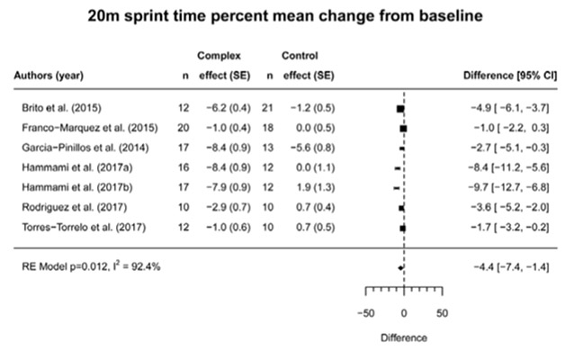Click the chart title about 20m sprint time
286,15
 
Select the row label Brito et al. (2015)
59,108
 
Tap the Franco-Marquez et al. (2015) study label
84,128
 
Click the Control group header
300,55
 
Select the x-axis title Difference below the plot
403,339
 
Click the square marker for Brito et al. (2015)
399,108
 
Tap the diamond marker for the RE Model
400,267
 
